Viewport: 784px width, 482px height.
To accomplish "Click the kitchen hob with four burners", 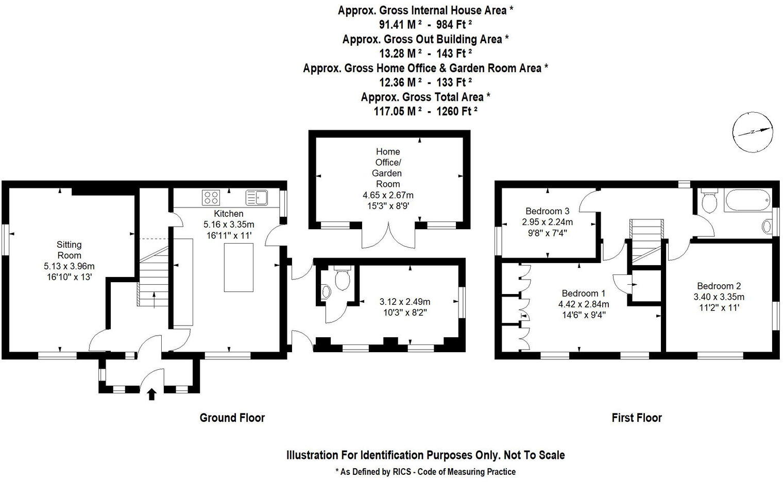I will click(211, 198).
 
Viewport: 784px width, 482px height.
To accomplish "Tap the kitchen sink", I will click(256, 198).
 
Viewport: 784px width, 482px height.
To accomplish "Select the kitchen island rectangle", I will click(238, 267).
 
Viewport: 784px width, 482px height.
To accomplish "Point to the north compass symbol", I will click(753, 132).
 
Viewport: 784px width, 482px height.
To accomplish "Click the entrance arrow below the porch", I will click(151, 394).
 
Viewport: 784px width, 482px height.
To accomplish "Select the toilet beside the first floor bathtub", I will click(710, 202).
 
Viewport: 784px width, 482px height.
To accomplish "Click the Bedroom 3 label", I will click(547, 211).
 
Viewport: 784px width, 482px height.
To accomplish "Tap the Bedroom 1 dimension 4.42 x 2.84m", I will click(584, 304).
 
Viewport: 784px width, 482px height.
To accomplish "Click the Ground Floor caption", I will click(232, 418).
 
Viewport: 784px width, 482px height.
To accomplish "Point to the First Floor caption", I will click(636, 418).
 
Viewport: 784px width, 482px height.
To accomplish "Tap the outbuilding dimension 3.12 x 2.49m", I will click(404, 302).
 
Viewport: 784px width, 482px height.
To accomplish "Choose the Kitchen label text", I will click(229, 214).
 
